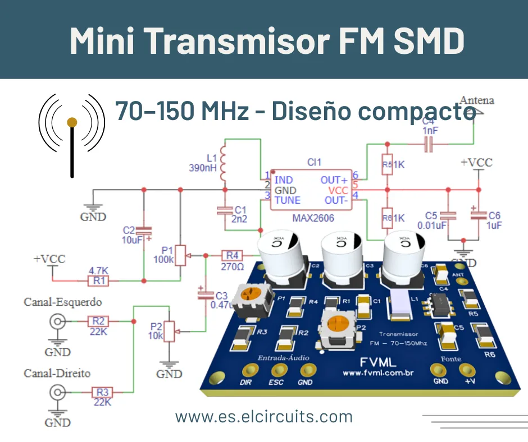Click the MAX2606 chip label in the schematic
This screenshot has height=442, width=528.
[x=313, y=218]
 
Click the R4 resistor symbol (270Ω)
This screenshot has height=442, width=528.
[x=233, y=255]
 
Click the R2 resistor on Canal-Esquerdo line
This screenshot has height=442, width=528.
[x=99, y=321]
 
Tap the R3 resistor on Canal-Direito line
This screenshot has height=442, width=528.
[x=102, y=392]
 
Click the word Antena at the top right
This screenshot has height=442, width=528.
[x=477, y=100]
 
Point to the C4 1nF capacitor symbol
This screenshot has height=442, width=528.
[x=429, y=145]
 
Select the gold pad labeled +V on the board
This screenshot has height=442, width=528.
[x=466, y=370]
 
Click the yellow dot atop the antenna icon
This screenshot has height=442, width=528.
[x=72, y=121]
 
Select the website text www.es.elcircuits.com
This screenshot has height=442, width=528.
[x=264, y=417]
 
